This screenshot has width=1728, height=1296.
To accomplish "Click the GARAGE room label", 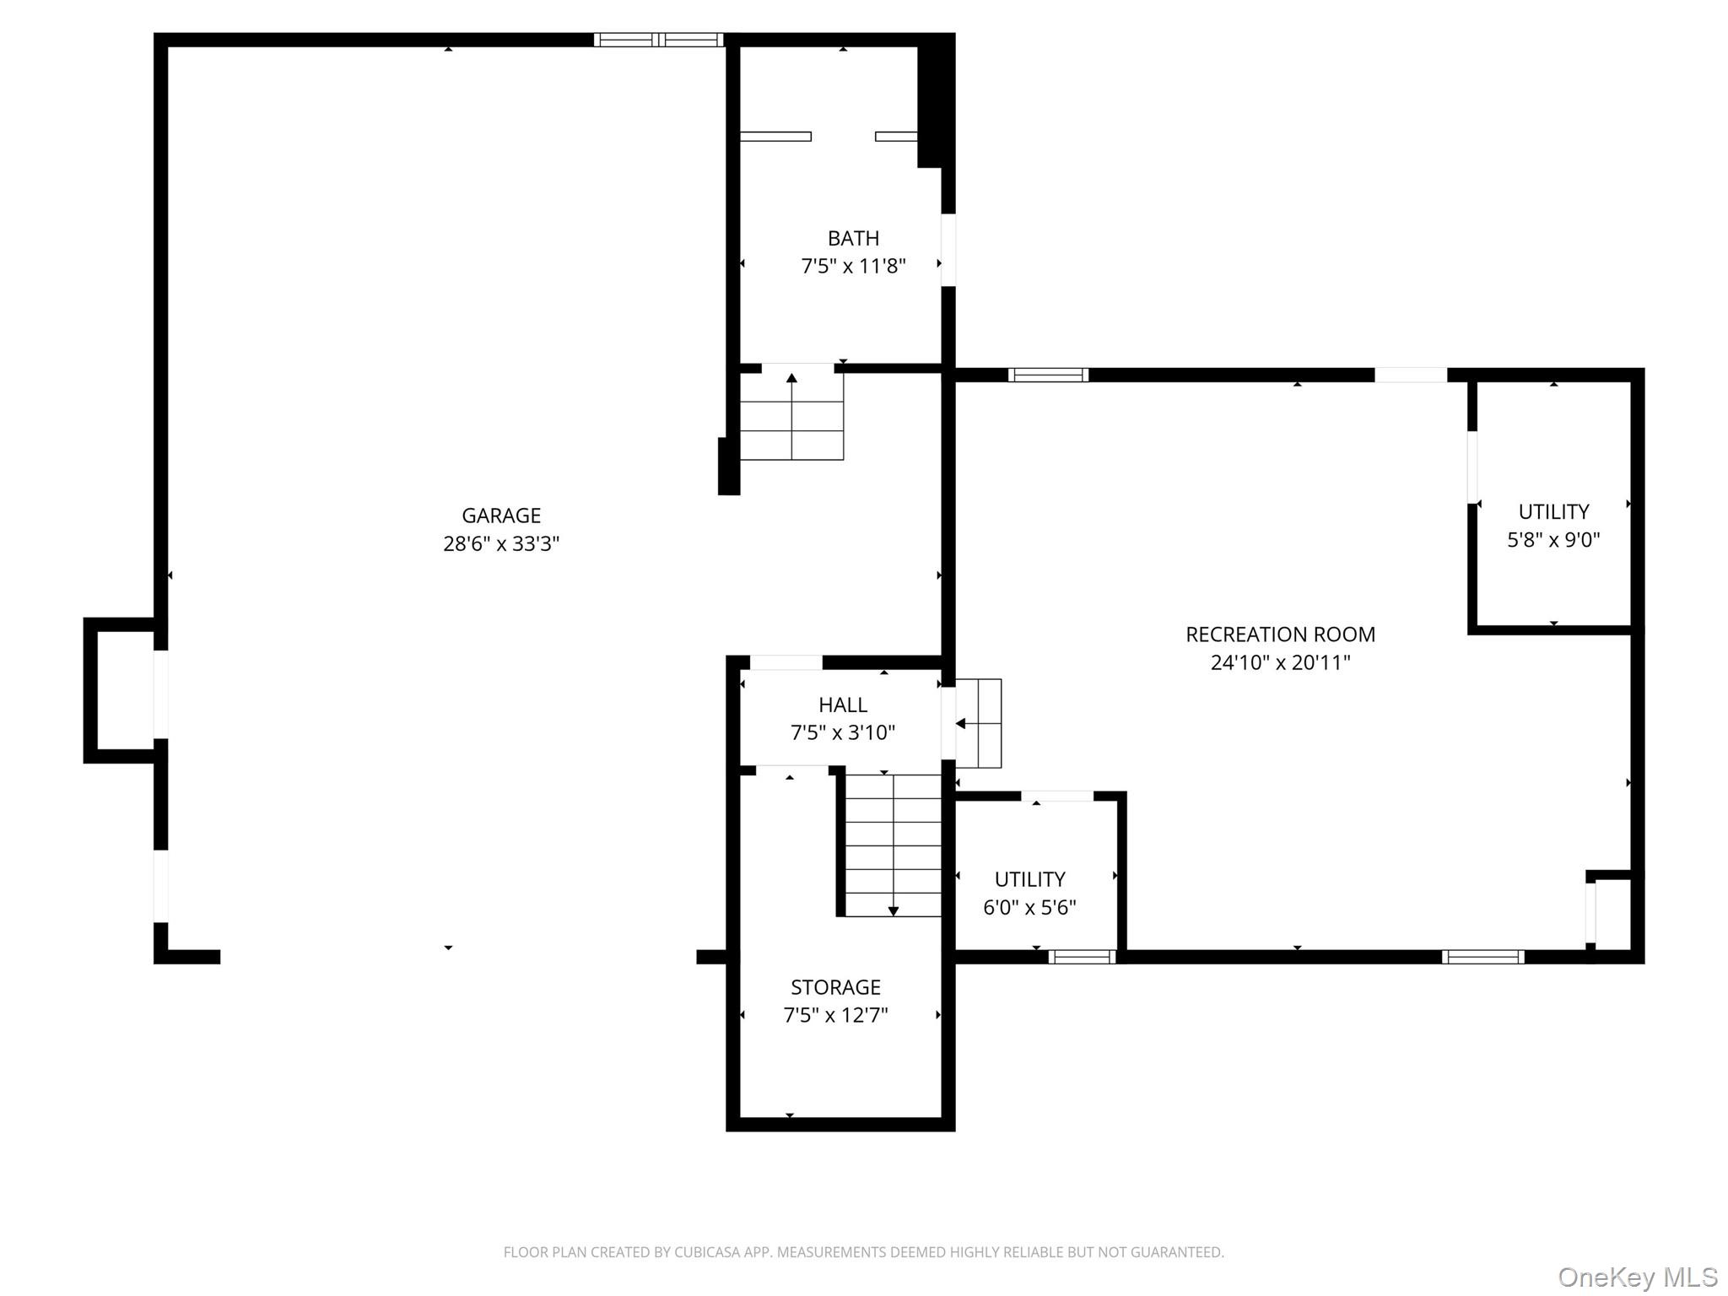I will coord(501,515).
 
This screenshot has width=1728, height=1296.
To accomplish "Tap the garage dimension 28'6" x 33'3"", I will coord(501,543).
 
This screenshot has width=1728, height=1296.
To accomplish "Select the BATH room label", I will coord(853,238).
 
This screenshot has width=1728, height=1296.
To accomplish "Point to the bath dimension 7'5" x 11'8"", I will coord(853,267).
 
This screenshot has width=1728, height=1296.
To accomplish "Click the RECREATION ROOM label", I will coord(1280,634).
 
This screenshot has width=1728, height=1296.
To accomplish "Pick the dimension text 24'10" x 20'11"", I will coord(1280,662).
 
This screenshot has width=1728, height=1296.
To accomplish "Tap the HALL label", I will coord(842,705).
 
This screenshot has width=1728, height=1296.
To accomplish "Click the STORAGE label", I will coord(835,986).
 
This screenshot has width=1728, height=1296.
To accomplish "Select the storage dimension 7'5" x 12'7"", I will coord(835,1015).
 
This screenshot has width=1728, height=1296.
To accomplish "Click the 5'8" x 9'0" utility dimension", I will coord(1553,540).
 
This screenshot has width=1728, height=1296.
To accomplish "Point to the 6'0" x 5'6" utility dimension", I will coord(1029,907).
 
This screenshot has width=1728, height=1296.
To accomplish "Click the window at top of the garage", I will coord(658,40).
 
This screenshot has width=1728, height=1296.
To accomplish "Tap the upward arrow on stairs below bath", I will coord(791,378).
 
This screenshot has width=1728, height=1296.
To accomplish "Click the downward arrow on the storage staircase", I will coord(893,910).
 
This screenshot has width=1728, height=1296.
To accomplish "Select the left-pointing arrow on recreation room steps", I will coord(960,723).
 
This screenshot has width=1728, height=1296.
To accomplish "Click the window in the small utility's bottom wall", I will coord(1082,956).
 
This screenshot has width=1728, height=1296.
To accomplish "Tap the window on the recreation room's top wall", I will coord(1048,375).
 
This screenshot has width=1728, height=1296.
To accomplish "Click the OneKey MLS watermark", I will coord(1638,1277).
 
